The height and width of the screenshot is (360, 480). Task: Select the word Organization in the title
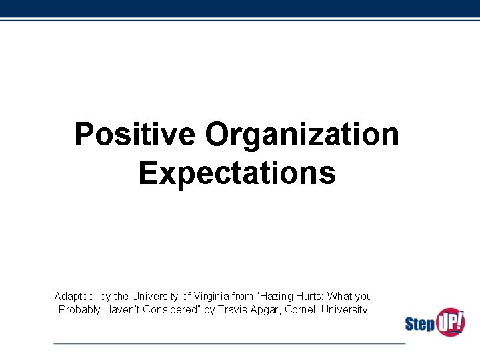pyautogui.click(x=302, y=134)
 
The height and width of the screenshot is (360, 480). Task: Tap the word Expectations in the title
pyautogui.click(x=237, y=173)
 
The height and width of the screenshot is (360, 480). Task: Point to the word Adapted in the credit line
pyautogui.click(x=74, y=296)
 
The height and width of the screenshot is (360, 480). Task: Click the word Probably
pyautogui.click(x=80, y=310)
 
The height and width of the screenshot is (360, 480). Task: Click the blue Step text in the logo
pyautogui.click(x=419, y=325)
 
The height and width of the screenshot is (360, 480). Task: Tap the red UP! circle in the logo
pyautogui.click(x=450, y=321)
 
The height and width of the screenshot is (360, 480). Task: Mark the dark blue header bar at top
pyautogui.click(x=240, y=8)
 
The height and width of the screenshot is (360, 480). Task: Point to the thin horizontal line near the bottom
pyautogui.click(x=229, y=343)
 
